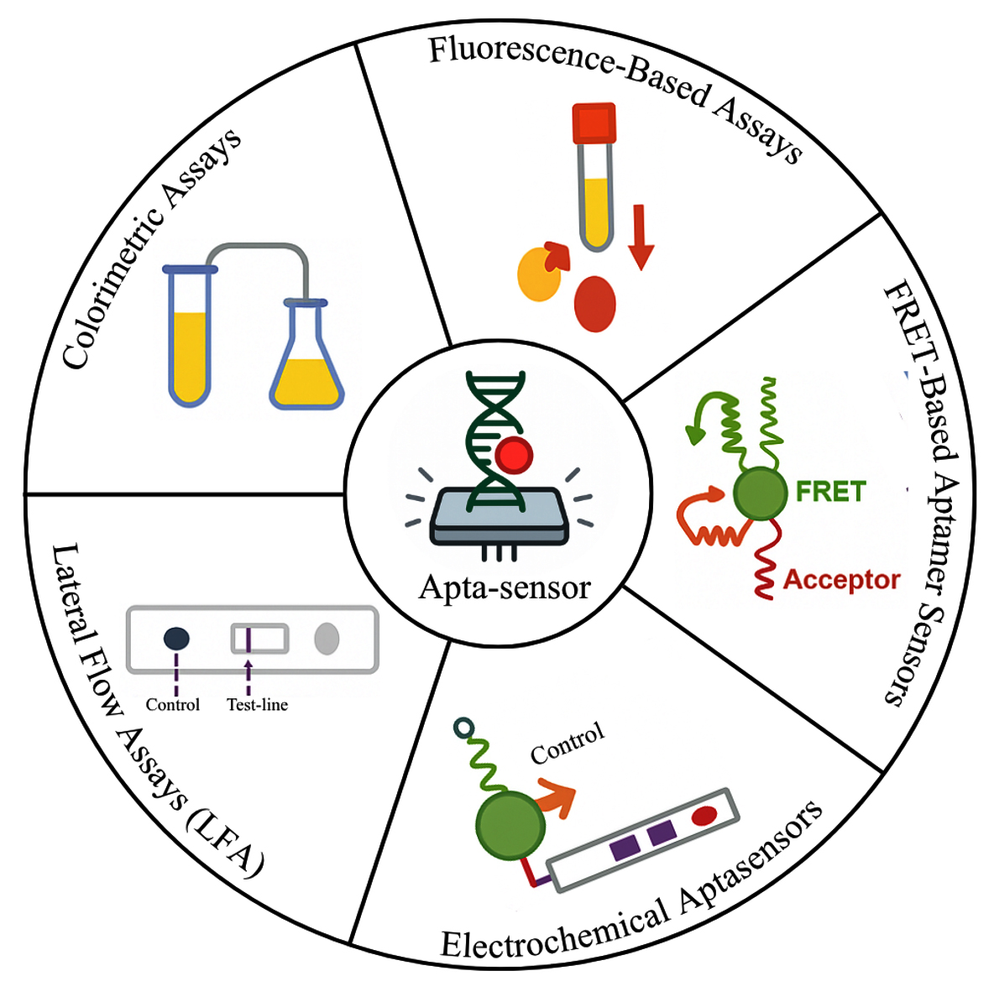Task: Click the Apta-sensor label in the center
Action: pos(505,586)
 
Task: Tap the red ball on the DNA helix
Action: pos(514,456)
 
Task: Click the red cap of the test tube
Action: pos(594,123)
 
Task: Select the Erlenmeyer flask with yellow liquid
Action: pos(306,363)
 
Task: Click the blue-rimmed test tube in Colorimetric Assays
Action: pos(190,336)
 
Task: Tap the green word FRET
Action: pos(829,491)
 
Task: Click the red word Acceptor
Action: pos(841,580)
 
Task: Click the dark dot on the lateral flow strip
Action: pos(176,639)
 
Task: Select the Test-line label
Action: pos(257,705)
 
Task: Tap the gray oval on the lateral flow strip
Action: pos(327,639)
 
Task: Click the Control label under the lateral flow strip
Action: pos(172,705)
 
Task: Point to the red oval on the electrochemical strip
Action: pos(704,815)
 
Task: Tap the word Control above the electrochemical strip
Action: pos(568,744)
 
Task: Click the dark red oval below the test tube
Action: pos(595,304)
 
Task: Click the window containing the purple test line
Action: pos(260,639)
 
